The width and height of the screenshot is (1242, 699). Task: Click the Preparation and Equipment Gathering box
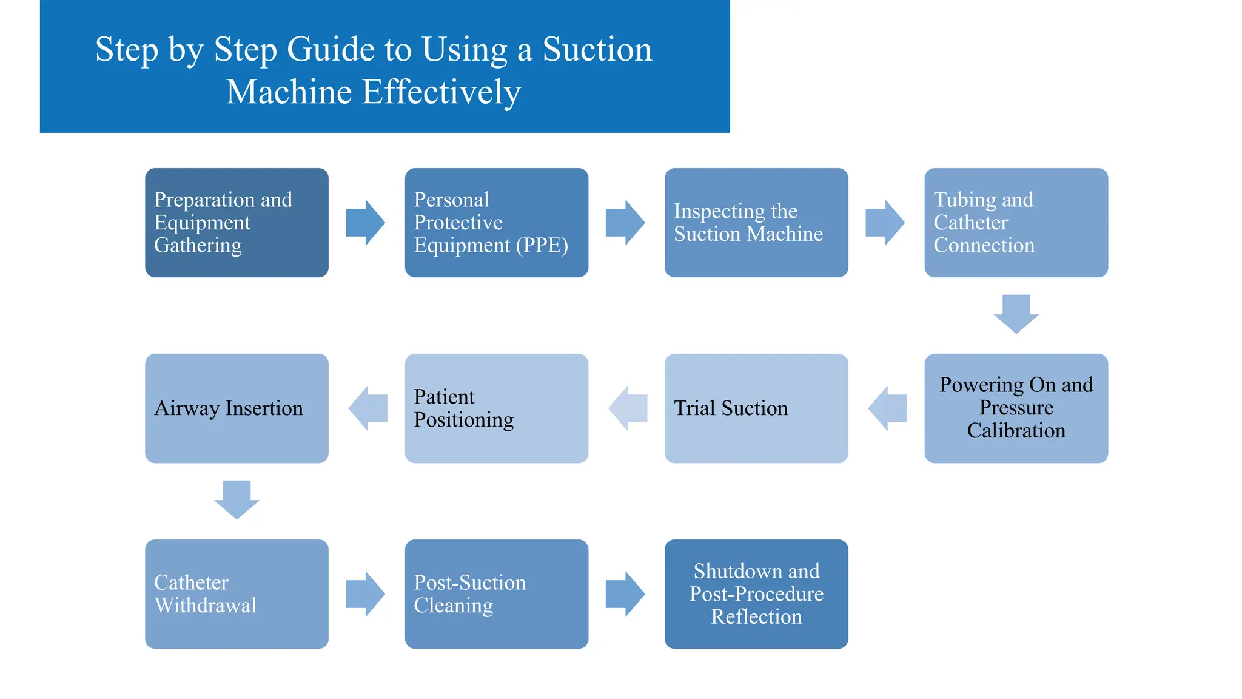pos(237,223)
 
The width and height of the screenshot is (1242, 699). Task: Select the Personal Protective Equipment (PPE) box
pos(496,223)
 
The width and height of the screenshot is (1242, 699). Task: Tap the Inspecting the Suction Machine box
pos(756,223)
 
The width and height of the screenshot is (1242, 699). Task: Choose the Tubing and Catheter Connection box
pos(1016,223)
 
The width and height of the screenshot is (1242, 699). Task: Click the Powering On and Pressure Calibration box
pos(1016,408)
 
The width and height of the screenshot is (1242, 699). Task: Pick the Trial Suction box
pos(756,408)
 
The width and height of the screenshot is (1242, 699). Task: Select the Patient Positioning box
pos(496,408)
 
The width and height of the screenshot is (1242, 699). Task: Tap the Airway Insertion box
pos(237,408)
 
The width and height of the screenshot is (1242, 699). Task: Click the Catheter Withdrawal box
pos(237,593)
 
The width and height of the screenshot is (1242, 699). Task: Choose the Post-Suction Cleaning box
pos(496,593)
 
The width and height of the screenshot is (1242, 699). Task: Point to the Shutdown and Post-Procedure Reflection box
pos(756,593)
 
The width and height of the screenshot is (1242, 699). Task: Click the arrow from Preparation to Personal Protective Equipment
pos(365,223)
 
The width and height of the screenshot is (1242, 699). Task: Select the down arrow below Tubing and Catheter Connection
pos(1016,314)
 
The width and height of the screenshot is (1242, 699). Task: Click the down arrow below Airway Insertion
pos(237,499)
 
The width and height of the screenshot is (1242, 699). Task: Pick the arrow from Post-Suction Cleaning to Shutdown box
pos(625,593)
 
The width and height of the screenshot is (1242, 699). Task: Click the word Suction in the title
pos(597,50)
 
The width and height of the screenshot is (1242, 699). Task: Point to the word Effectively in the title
pos(441,92)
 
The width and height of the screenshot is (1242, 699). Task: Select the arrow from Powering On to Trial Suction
pos(887,408)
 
